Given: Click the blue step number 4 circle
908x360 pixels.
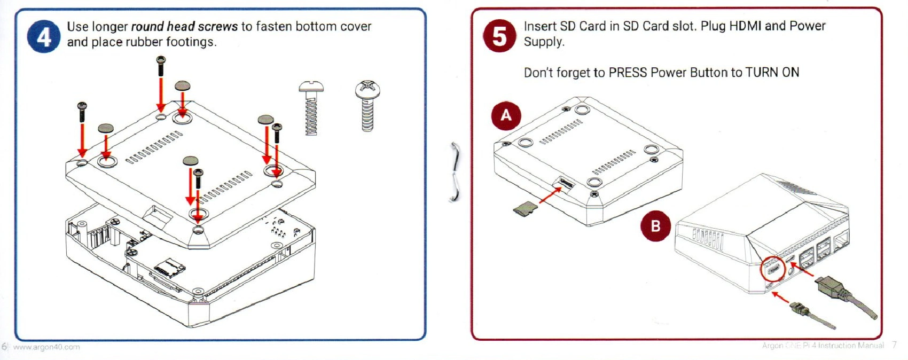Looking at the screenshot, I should (43, 36).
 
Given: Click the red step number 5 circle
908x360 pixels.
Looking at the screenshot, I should (499, 36).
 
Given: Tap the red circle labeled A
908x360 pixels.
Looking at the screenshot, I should (506, 115).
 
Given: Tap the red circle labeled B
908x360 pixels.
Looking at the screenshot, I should (655, 226).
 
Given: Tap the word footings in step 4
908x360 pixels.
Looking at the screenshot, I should (190, 42).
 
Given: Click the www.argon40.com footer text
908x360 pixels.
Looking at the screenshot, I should (46, 347).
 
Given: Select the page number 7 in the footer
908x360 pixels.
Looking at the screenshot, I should (894, 346).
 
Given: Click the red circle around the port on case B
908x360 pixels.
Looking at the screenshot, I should (773, 270).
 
